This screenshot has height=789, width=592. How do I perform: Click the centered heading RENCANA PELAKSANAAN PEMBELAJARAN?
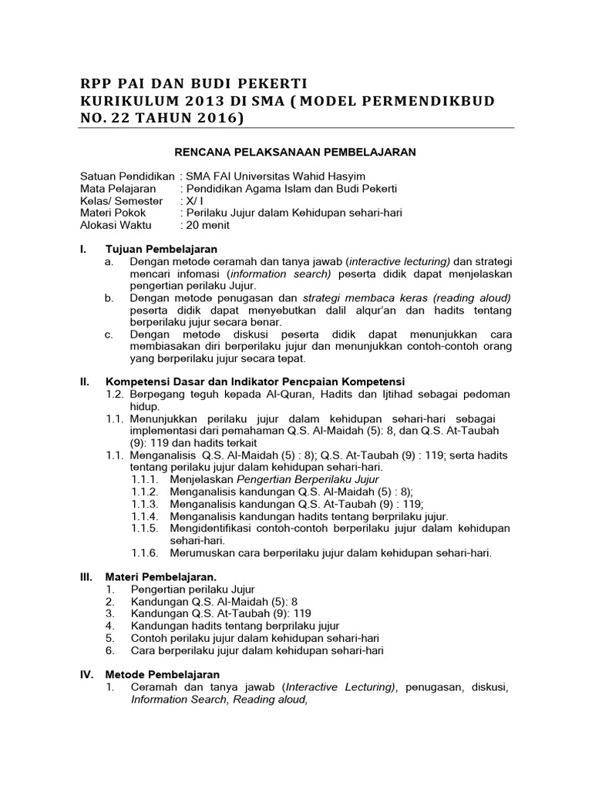click(295, 152)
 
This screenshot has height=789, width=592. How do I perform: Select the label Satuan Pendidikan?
click(127, 176)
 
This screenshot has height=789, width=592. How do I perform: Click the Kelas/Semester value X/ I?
click(190, 201)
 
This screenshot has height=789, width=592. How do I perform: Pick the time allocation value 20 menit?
click(207, 226)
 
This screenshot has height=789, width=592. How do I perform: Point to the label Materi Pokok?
click(113, 213)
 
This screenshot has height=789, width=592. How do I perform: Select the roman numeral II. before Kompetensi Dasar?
click(86, 381)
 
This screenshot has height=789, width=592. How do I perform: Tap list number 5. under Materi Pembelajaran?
click(110, 638)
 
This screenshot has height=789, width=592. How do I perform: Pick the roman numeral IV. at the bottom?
click(87, 674)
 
